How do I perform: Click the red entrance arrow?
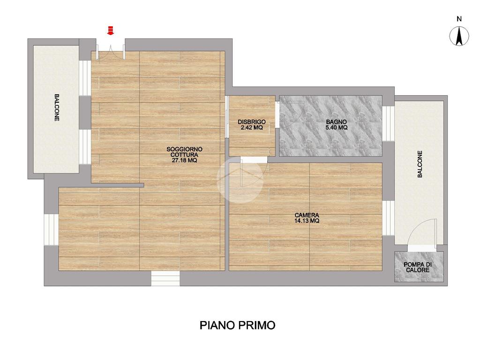tap(110, 30)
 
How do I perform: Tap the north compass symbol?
tap(459, 36)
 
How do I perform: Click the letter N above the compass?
tap(459, 19)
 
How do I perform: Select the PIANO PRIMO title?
tap(238, 325)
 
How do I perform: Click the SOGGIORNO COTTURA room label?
tap(184, 152)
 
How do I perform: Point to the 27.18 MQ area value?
tap(184, 160)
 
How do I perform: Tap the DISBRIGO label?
tap(252, 122)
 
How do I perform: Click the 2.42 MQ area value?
tap(252, 127)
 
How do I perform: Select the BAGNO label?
tap(337, 122)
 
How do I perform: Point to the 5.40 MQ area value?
tap(337, 127)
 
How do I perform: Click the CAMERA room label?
tap(307, 215)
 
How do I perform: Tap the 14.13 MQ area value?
tap(307, 221)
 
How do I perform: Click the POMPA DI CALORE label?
tap(418, 267)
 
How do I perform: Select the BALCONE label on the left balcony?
tap(57, 107)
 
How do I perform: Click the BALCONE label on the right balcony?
tap(420, 164)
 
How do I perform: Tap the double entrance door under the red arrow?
tap(111, 52)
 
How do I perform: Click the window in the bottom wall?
tap(165, 278)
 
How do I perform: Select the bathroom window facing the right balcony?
tap(388, 123)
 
